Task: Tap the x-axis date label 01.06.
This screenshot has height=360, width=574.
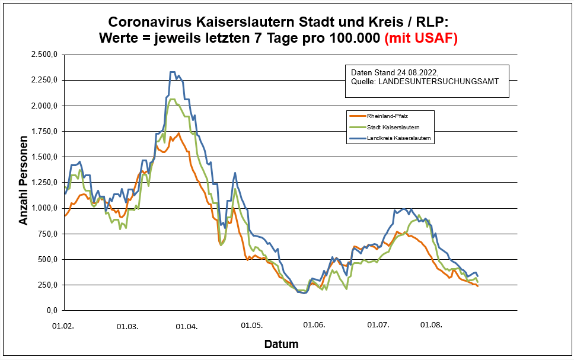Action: point(314,326)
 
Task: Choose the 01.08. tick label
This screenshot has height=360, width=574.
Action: point(430,326)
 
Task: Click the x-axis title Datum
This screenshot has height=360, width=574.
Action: point(281,344)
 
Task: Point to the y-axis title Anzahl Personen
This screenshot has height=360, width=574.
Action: point(24,183)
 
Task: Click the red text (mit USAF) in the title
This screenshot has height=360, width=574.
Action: point(422,38)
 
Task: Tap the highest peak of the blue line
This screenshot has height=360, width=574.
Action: point(173,72)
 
